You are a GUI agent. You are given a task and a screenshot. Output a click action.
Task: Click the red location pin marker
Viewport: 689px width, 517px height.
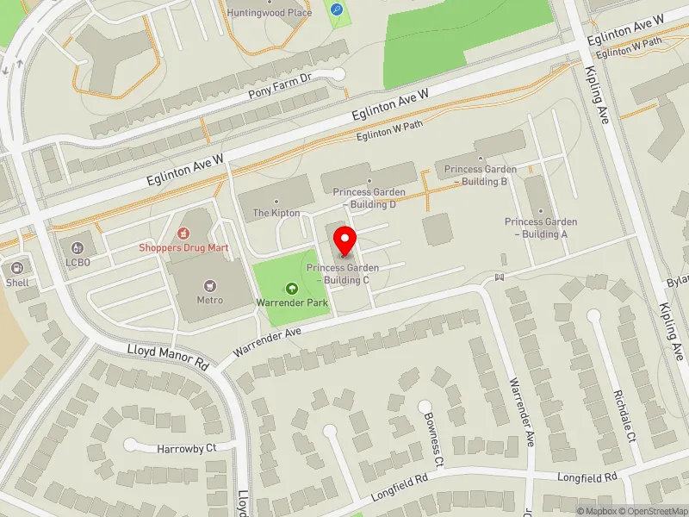pyautogui.click(x=345, y=240)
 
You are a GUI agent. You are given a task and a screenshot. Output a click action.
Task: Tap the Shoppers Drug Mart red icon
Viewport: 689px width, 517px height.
pyautogui.click(x=183, y=233)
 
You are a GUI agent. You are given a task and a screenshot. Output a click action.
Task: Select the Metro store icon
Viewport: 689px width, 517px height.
pyautogui.click(x=208, y=285)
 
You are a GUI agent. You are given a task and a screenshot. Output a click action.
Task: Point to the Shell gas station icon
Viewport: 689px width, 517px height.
pyautogui.click(x=17, y=268)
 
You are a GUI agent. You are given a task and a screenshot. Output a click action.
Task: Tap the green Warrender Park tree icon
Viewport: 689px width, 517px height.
pyautogui.click(x=293, y=289)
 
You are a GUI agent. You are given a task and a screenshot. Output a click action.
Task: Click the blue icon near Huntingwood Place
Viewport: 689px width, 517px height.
pyautogui.click(x=336, y=10)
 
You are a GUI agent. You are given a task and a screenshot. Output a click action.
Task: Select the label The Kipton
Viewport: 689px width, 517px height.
pyautogui.click(x=276, y=213)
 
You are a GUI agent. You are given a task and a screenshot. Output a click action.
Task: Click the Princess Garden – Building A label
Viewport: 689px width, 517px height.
pyautogui.click(x=541, y=227)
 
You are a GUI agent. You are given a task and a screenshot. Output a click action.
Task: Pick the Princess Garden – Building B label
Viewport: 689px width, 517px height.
pyautogui.click(x=481, y=176)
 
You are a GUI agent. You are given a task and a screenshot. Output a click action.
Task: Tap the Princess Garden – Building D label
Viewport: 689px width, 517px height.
pyautogui.click(x=364, y=198)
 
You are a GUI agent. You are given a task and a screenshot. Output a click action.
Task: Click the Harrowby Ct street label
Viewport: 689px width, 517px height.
pyautogui.click(x=185, y=449)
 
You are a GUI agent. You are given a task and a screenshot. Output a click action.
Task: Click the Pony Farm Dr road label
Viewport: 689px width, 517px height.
pyautogui.click(x=278, y=92)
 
